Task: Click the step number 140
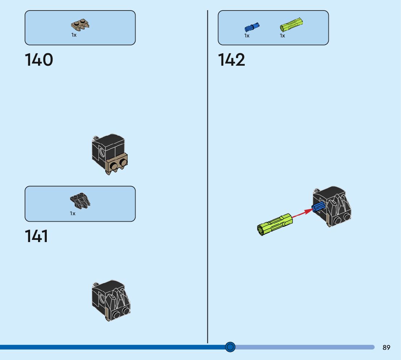point(39,60)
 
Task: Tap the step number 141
point(36,236)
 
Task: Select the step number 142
point(231,60)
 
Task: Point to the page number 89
point(386,347)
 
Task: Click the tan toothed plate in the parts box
point(80,25)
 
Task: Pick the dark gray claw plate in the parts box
point(80,201)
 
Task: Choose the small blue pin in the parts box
point(252,27)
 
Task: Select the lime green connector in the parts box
point(291,24)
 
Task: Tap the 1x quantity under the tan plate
point(74,35)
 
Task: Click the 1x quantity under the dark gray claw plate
point(73,213)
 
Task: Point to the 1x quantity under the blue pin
point(247,36)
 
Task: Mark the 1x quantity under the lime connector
point(282,36)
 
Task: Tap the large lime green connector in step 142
point(275,224)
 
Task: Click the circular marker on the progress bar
point(230,347)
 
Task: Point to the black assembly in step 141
point(111,300)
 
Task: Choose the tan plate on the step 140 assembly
point(117,164)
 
